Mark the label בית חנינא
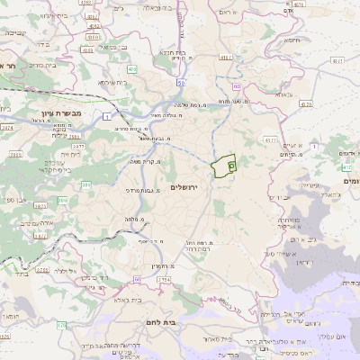point(173,52)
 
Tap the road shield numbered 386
point(86,185)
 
